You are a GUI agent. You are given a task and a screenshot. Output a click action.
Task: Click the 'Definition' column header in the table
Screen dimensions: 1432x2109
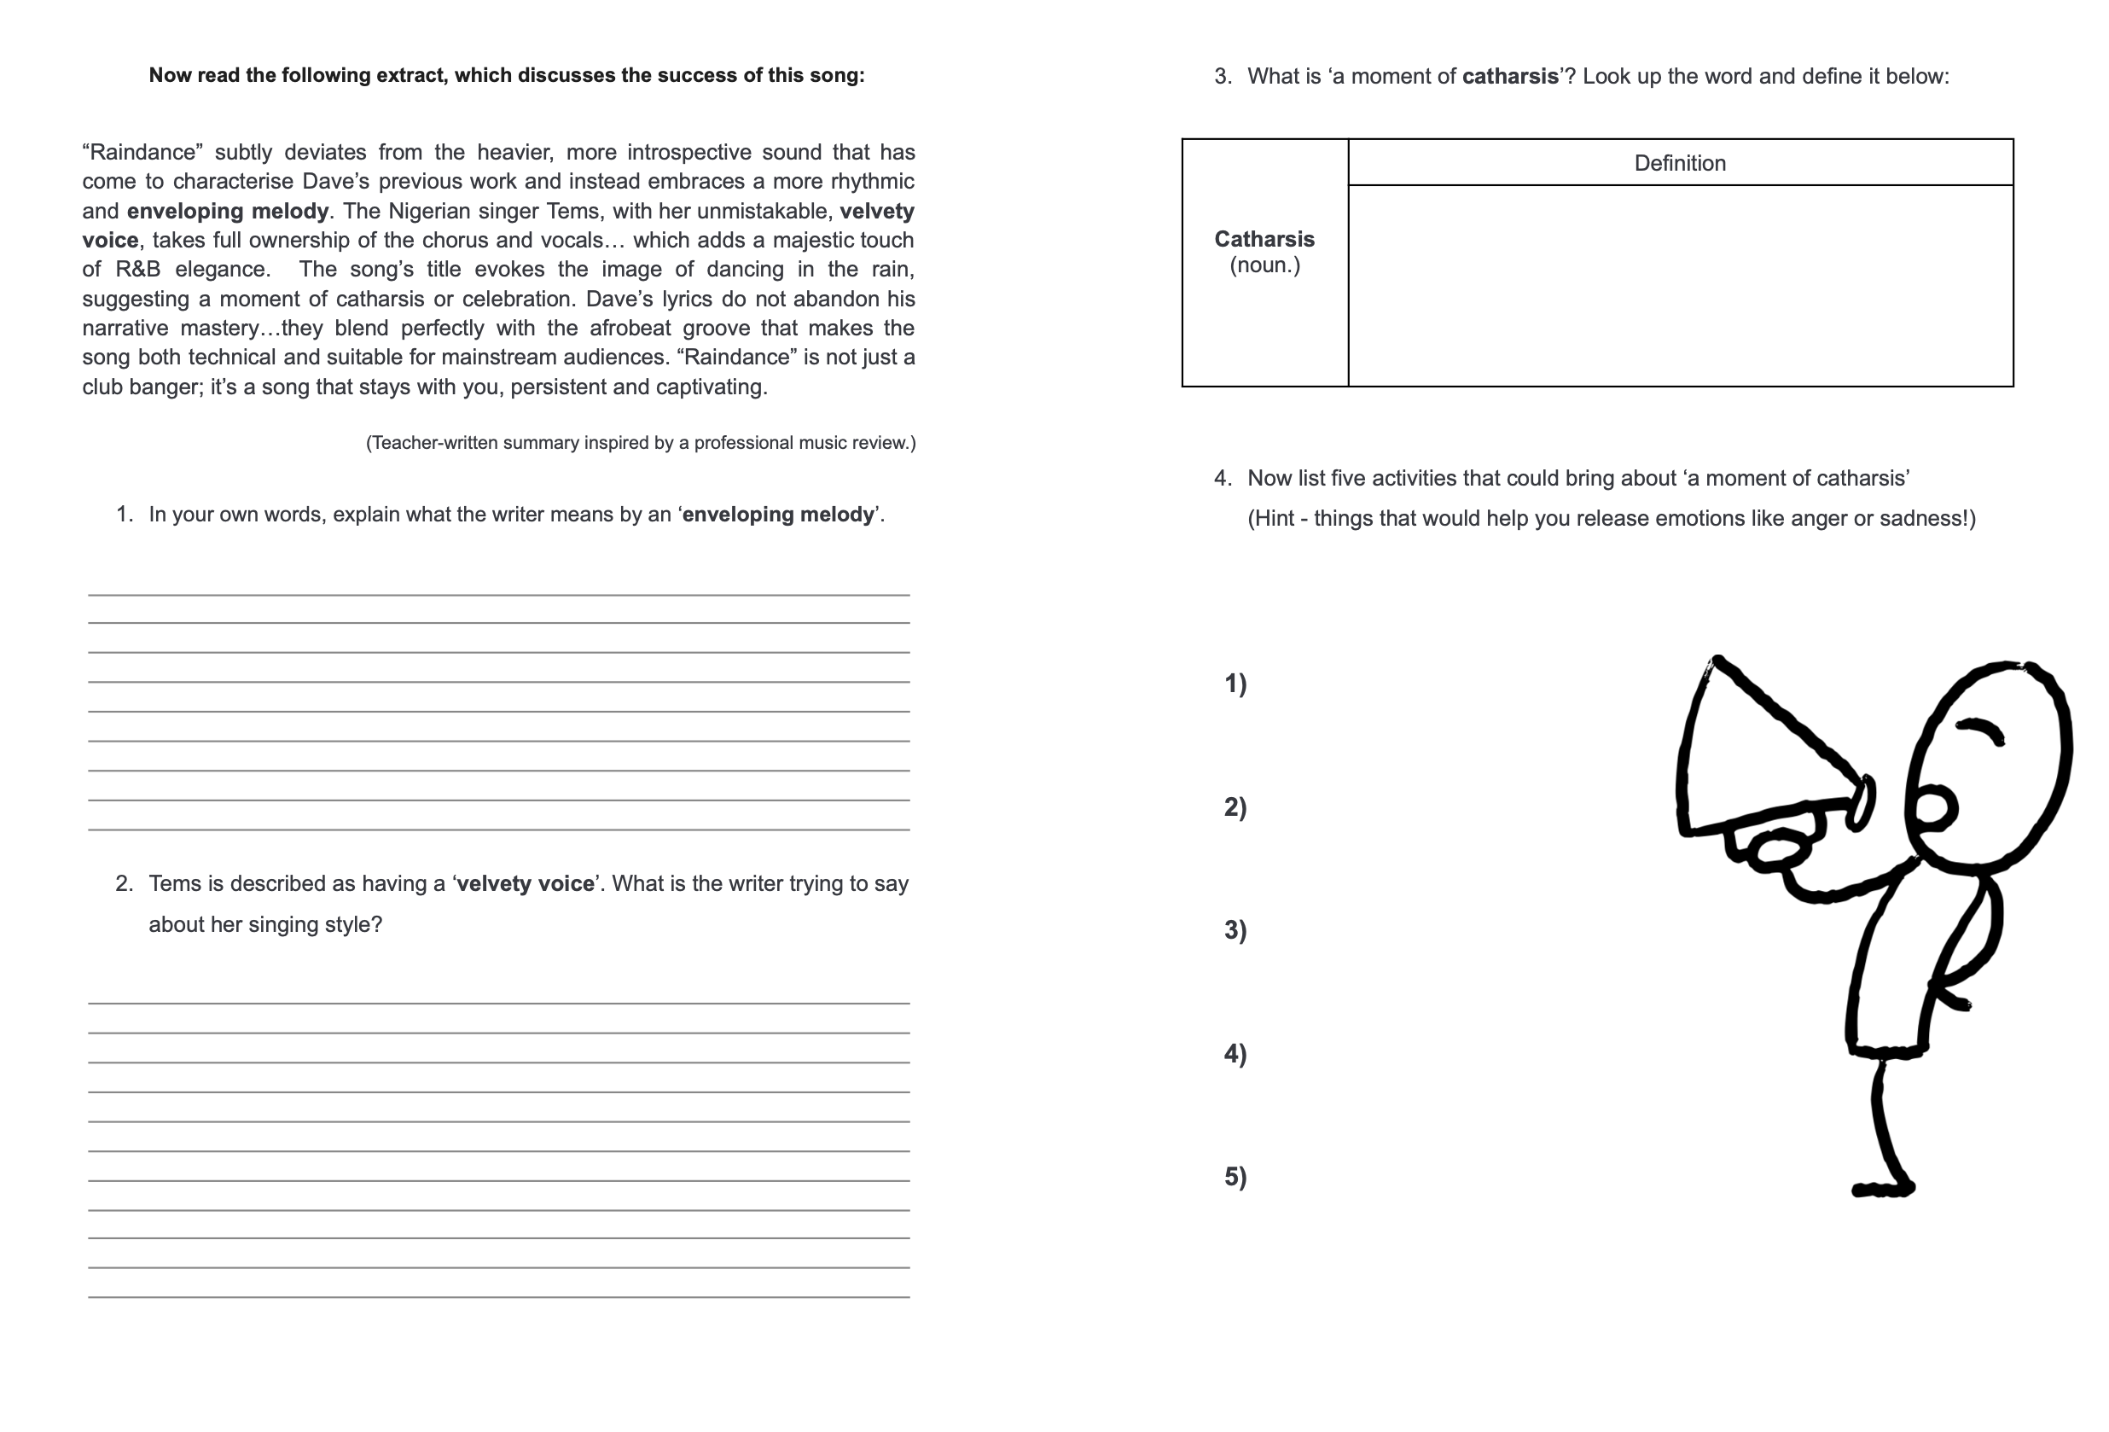point(1679,163)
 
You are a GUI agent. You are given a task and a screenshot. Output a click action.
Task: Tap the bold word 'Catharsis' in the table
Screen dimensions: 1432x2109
point(1264,239)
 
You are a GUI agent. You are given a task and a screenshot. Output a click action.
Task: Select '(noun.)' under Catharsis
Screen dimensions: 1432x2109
point(1264,265)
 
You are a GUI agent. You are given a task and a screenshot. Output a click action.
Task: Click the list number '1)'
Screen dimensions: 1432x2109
point(1235,684)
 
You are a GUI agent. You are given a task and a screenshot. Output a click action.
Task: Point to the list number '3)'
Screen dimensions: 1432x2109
point(1235,930)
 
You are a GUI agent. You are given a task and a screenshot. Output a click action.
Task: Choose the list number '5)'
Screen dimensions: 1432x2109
point(1235,1177)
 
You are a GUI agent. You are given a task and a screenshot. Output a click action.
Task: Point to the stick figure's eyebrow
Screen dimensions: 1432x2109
point(1980,729)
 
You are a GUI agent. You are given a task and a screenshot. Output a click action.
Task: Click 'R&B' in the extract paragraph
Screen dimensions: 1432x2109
point(138,270)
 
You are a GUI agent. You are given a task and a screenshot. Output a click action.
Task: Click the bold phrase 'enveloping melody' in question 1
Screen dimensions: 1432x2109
point(778,515)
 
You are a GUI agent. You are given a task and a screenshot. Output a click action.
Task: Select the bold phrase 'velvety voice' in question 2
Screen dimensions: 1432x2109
point(526,884)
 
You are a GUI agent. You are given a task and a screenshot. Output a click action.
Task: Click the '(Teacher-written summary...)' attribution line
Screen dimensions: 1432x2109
point(641,443)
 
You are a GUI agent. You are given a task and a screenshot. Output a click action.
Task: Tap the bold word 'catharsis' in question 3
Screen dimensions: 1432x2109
point(1510,76)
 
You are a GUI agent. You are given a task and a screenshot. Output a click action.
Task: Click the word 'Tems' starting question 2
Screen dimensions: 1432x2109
point(171,884)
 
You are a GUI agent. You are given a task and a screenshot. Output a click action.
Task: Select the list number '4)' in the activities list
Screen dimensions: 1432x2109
point(1235,1054)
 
